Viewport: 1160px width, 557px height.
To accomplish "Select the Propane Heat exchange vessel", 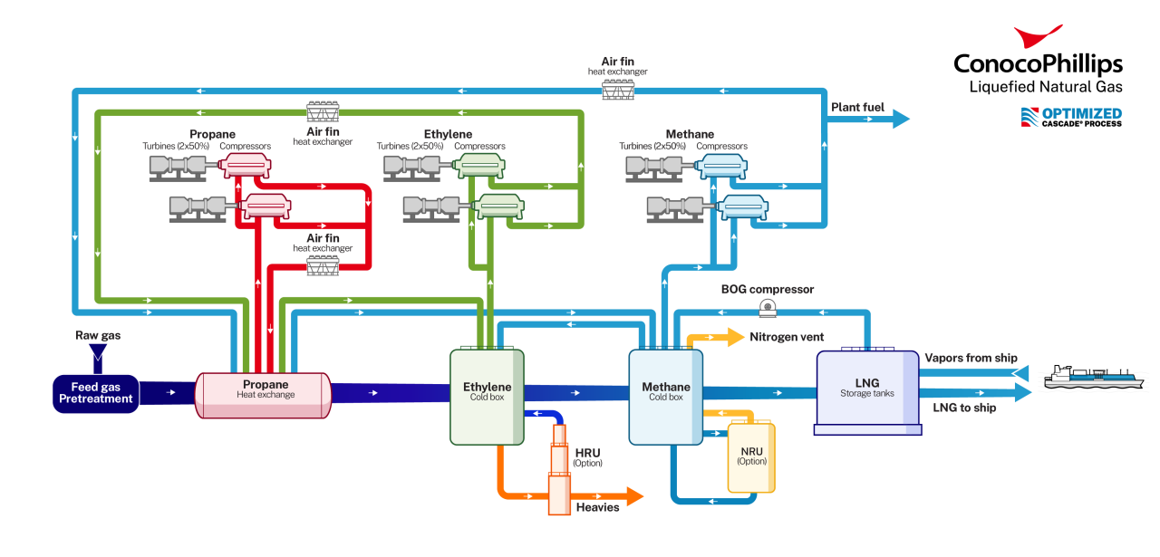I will click(x=264, y=394).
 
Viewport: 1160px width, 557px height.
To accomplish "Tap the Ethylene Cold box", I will click(x=487, y=397).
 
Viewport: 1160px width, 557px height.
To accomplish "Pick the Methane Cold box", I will click(x=666, y=397).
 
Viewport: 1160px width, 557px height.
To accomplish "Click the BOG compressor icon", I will click(x=768, y=307).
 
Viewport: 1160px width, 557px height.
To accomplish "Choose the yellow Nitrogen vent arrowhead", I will click(x=733, y=337).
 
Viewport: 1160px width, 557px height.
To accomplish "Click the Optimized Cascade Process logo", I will click(x=1071, y=117).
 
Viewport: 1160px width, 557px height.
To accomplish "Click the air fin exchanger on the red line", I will click(x=323, y=265).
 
